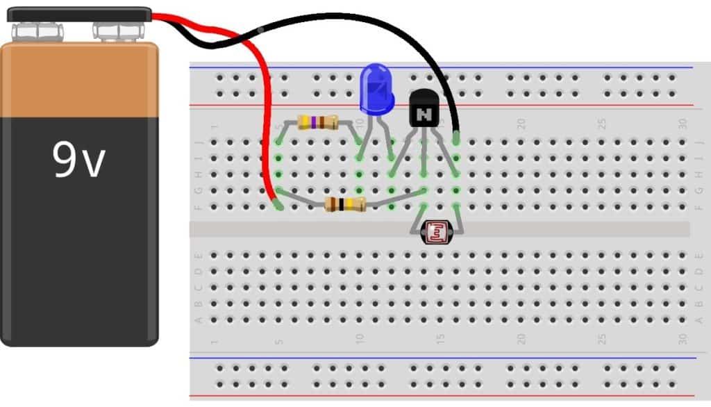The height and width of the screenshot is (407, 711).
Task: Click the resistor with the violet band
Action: point(317,123)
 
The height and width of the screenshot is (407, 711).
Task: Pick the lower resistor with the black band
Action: point(345,204)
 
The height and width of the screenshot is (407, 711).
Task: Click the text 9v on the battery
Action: point(78,160)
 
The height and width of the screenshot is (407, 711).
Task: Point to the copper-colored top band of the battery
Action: point(78,81)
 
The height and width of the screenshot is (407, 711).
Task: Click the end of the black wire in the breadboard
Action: point(456,138)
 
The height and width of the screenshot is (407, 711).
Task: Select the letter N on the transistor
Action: point(424,113)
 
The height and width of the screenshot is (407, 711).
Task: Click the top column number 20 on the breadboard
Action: point(521,124)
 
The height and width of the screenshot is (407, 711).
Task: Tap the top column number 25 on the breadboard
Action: point(602,124)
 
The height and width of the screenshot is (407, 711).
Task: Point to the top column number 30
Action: point(683,124)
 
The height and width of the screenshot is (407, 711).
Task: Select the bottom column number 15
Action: point(440,340)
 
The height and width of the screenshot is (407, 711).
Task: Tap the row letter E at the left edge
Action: point(199,254)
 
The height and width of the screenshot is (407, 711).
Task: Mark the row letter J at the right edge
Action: point(699,142)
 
